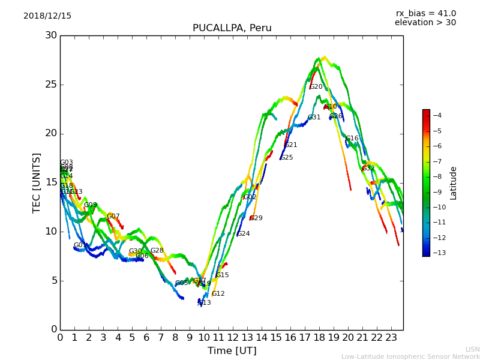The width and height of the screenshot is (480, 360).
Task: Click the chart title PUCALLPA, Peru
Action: click(x=232, y=28)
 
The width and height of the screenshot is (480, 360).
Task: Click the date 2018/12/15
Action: click(x=47, y=16)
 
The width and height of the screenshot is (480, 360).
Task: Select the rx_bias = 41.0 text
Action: click(x=425, y=13)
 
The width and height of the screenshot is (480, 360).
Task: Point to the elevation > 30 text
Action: click(x=425, y=23)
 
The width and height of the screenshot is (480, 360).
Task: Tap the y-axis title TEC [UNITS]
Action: click(x=37, y=182)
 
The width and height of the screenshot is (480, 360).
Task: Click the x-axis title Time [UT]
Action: click(x=232, y=350)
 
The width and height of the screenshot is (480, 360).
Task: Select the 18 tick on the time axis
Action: click(x=319, y=337)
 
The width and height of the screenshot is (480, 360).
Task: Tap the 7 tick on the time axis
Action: click(x=161, y=337)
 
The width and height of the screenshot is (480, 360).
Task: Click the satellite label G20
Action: click(x=316, y=87)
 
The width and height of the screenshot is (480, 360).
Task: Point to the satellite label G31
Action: click(x=314, y=118)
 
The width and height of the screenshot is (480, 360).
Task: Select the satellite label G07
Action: click(x=113, y=217)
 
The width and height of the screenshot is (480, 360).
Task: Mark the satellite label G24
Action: click(x=244, y=234)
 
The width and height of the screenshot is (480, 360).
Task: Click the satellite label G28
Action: click(x=157, y=251)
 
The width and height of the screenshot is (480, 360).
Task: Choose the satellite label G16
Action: click(x=352, y=139)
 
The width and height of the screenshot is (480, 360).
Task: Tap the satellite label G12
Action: click(x=218, y=294)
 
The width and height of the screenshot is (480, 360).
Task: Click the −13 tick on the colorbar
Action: click(x=437, y=253)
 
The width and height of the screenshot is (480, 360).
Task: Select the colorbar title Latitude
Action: click(x=454, y=183)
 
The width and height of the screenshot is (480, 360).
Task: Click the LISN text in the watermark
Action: click(x=473, y=349)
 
